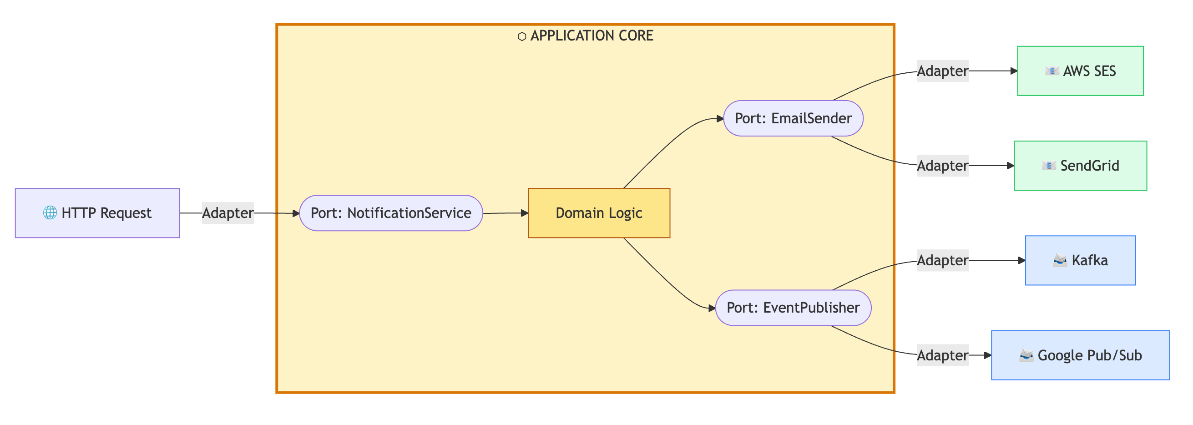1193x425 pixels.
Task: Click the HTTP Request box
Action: [x=97, y=213]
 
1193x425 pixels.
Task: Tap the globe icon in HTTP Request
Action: [x=50, y=213]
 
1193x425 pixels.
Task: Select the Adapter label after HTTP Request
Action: [x=228, y=213]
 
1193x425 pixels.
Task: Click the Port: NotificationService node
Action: [x=391, y=213]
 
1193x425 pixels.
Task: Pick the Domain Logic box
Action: [x=599, y=213]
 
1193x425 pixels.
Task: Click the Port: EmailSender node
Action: [x=793, y=118]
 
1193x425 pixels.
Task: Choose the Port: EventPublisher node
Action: [x=793, y=308]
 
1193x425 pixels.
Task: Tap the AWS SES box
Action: [x=1080, y=71]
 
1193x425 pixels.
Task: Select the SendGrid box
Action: [x=1080, y=166]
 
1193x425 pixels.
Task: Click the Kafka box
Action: [x=1080, y=260]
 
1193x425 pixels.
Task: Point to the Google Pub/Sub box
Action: [x=1080, y=355]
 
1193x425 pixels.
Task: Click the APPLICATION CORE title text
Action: [x=591, y=35]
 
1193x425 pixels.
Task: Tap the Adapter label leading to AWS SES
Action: [x=942, y=71]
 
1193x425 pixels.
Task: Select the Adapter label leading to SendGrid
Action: [x=942, y=166]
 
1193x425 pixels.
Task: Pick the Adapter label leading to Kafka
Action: [x=942, y=260]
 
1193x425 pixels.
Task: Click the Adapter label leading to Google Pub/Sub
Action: [x=942, y=355]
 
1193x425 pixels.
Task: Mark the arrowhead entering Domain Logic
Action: [x=524, y=213]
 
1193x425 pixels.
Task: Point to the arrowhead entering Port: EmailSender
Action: [x=720, y=118]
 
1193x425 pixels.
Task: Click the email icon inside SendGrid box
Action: [x=1048, y=166]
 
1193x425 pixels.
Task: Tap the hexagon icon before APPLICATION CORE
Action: [x=522, y=36]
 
